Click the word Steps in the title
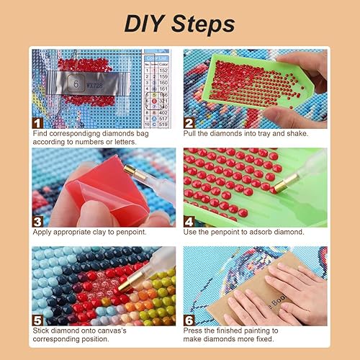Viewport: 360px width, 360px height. click(204, 23)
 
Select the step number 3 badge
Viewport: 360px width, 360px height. click(37, 220)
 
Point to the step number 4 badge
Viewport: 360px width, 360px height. click(189, 220)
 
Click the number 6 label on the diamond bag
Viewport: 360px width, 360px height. click(77, 83)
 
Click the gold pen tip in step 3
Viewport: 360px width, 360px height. click(130, 173)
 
